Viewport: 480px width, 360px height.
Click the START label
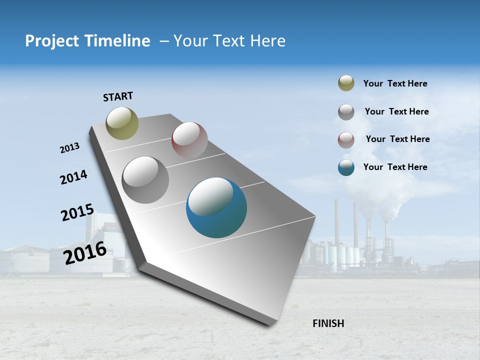[x=118, y=96]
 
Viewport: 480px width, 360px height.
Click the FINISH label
[x=328, y=323]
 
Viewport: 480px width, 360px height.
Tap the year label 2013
[x=69, y=148]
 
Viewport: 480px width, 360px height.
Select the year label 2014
[x=73, y=177]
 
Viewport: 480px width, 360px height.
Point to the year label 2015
[x=77, y=212]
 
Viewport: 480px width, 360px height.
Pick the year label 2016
[x=85, y=252]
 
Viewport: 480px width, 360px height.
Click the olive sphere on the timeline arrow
[x=122, y=123]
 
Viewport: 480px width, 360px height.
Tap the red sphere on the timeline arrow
[x=189, y=140]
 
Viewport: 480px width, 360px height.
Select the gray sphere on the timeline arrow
[x=145, y=180]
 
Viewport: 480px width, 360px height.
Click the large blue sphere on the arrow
[x=216, y=207]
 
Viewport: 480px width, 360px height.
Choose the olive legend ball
[x=346, y=83]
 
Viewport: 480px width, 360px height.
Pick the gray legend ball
[x=346, y=112]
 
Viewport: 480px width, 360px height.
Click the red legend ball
[x=346, y=140]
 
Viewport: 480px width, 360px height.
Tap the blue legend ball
[x=346, y=167]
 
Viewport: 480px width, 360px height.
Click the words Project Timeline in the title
[x=87, y=41]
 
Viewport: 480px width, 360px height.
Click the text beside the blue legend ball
[x=395, y=167]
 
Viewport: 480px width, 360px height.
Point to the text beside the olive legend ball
[x=395, y=83]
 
